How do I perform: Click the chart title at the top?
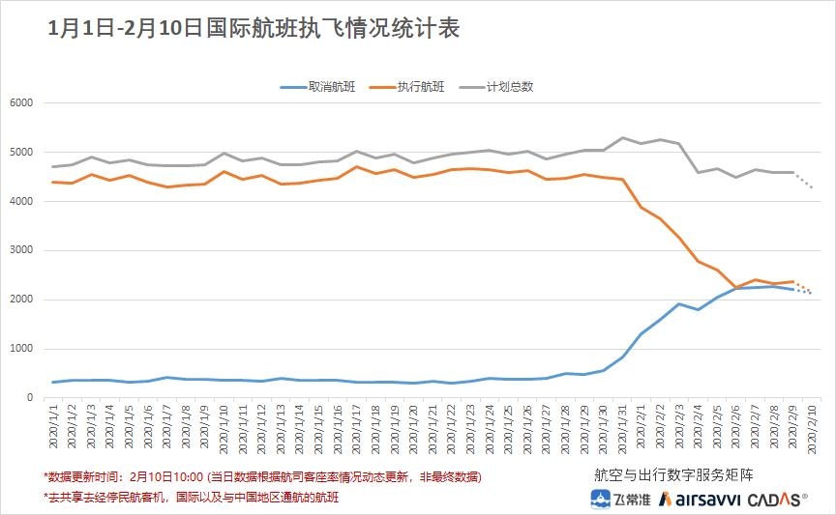click(254, 28)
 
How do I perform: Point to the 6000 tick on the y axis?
click(20, 103)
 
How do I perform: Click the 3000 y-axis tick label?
click(20, 250)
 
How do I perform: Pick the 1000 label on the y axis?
click(20, 349)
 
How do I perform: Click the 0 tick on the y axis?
click(29, 398)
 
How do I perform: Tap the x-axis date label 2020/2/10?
click(812, 429)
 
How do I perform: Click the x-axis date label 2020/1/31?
click(623, 429)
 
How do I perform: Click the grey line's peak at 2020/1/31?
click(622, 137)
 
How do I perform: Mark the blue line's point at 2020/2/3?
click(679, 303)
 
